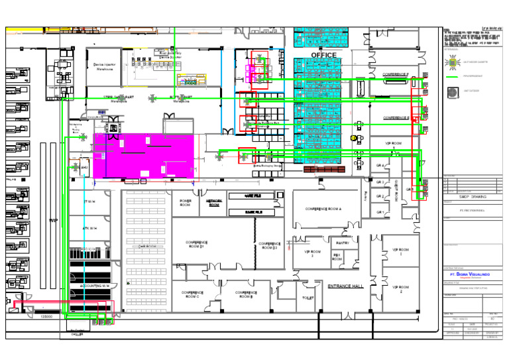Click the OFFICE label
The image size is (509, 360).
(x=323, y=55)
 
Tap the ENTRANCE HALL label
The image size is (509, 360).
(x=345, y=286)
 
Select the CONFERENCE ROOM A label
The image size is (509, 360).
(x=323, y=209)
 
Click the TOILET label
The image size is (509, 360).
(x=308, y=298)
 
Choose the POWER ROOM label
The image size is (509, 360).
(x=186, y=203)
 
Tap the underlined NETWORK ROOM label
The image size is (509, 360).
(x=214, y=203)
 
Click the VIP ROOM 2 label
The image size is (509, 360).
(x=400, y=290)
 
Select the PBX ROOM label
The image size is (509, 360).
(x=337, y=257)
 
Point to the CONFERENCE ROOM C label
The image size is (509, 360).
(x=192, y=294)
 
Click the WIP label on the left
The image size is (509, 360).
(x=53, y=220)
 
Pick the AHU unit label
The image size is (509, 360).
(x=84, y=168)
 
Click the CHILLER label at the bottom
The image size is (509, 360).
(x=77, y=335)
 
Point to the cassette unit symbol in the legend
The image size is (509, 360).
(x=453, y=62)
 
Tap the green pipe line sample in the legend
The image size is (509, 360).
(x=453, y=77)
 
